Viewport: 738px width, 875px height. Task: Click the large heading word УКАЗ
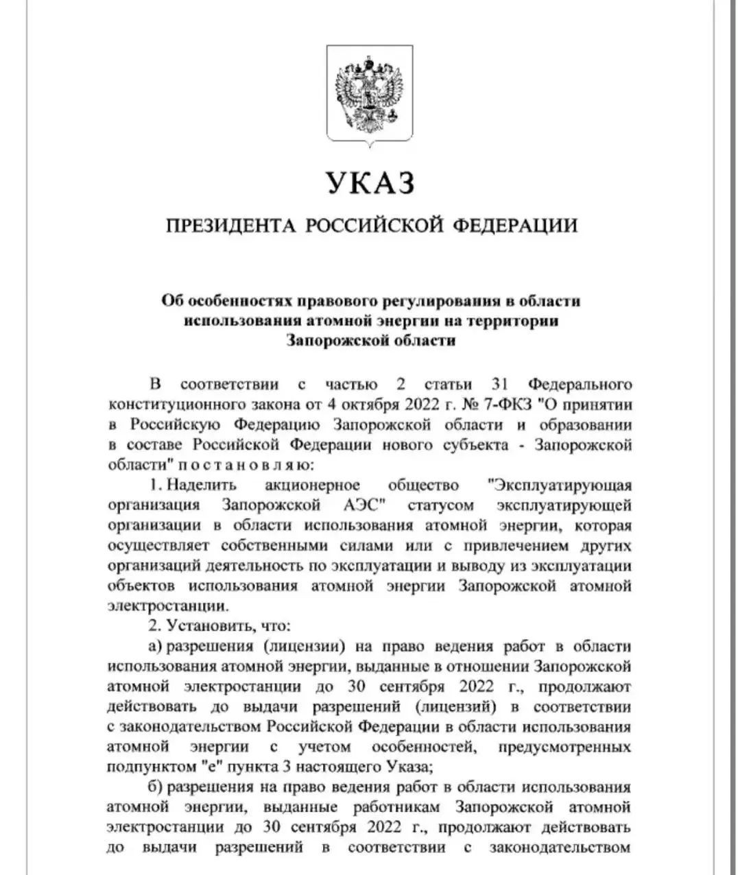point(370,184)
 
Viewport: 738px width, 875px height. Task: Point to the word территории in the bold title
point(514,321)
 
